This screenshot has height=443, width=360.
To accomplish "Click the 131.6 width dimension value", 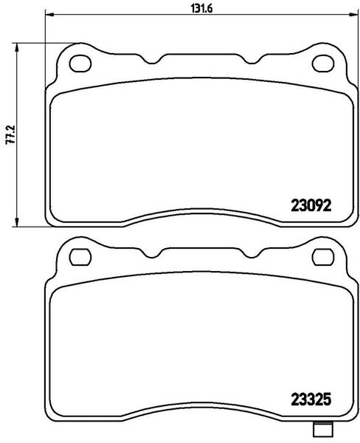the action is tap(202, 8).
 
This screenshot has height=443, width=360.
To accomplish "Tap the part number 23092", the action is tap(311, 206).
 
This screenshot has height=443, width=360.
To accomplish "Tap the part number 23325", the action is tap(311, 400).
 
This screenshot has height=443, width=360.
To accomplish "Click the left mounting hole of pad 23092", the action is tap(80, 63).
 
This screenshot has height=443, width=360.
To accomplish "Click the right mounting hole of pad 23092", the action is tap(323, 63).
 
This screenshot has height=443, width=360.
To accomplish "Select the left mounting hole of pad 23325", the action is tap(80, 257).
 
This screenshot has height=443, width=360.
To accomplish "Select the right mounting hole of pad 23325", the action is tap(323, 257).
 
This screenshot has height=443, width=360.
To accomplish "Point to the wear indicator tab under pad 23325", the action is tap(322, 430).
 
